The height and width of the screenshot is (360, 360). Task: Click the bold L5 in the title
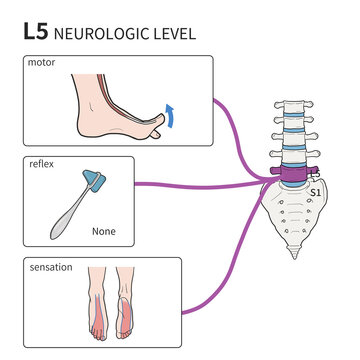[x=36, y=32]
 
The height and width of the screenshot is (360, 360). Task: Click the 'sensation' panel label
[x=50, y=268]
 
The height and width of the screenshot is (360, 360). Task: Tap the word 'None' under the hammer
[x=104, y=231]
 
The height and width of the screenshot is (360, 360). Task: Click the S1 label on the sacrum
[x=318, y=189]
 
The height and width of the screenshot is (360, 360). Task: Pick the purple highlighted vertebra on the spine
[x=297, y=176]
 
